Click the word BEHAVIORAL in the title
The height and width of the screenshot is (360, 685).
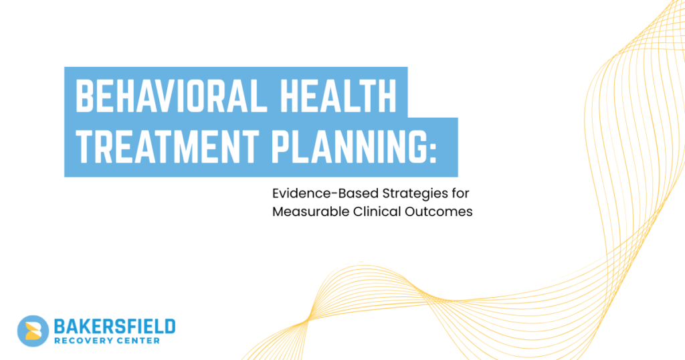[x=171, y=96]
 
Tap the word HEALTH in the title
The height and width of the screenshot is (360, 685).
[x=338, y=96]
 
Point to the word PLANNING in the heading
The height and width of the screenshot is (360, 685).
[x=348, y=147]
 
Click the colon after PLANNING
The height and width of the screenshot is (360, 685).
[x=433, y=151]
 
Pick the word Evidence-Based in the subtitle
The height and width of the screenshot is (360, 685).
[x=326, y=193]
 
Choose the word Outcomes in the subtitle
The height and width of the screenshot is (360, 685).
[x=439, y=211]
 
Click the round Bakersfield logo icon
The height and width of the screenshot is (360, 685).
[x=33, y=331]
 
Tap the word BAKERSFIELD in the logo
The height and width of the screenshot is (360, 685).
[x=114, y=327]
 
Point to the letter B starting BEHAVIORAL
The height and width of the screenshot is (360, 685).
[x=85, y=96]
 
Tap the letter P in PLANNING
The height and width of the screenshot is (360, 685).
[x=281, y=147]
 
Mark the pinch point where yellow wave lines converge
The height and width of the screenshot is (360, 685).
[x=307, y=320]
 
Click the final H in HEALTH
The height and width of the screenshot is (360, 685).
[x=387, y=96]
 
